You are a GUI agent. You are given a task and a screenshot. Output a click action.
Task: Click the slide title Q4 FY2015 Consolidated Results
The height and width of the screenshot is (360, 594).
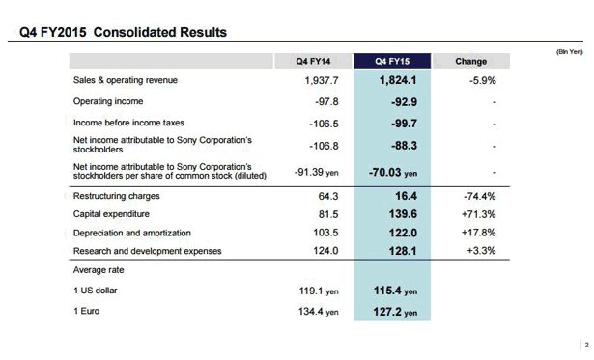point(124,33)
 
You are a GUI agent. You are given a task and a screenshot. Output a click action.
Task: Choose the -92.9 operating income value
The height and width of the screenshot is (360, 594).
point(399,100)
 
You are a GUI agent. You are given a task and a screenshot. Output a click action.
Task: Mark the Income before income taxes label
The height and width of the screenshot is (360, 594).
point(128,123)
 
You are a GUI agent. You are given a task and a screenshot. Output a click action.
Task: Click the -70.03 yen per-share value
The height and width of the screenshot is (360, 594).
point(396,173)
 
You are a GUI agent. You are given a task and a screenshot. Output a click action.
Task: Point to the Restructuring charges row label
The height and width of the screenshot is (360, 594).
point(115,196)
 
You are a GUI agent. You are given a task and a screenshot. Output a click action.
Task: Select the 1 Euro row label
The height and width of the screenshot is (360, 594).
point(89,311)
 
